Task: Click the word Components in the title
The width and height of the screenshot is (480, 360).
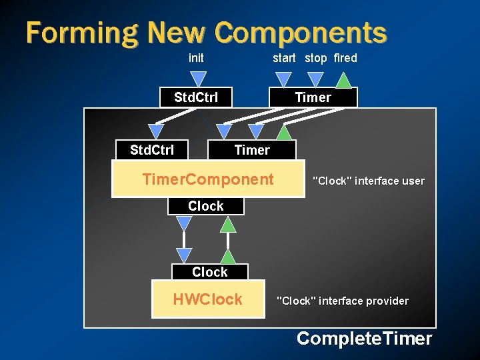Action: (301, 33)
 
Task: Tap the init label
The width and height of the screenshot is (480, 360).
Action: (196, 58)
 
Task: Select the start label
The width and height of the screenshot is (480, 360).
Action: (284, 58)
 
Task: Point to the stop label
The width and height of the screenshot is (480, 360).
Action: (316, 58)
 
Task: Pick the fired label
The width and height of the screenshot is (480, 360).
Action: (345, 58)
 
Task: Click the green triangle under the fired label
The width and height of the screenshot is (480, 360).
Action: (343, 81)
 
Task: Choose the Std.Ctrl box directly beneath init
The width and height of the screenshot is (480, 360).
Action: (196, 97)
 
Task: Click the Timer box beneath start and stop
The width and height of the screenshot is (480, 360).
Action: (313, 97)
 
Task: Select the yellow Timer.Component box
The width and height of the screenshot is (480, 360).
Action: (208, 179)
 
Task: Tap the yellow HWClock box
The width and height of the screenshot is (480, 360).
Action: (207, 299)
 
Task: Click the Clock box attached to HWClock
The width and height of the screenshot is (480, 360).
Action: (209, 272)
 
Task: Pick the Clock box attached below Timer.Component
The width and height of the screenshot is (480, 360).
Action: (205, 206)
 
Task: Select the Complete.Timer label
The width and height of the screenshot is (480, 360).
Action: (364, 339)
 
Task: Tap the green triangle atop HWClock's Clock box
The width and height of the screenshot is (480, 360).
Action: (228, 256)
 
